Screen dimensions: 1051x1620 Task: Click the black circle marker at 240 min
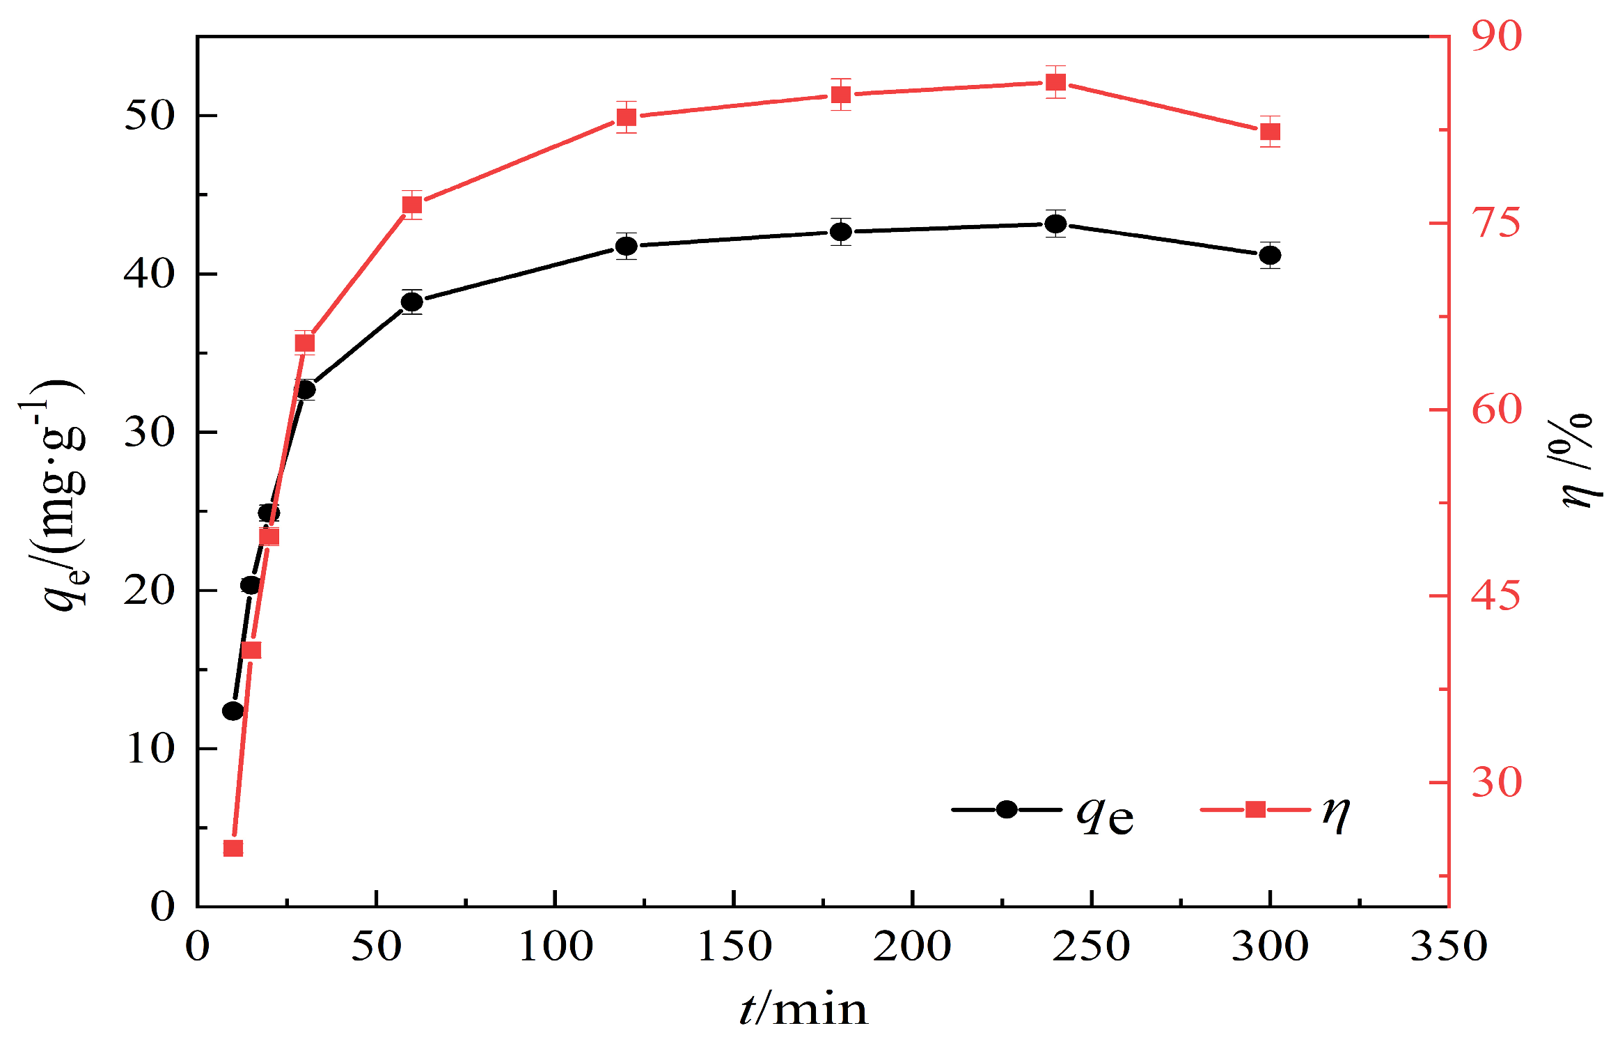click(x=1055, y=224)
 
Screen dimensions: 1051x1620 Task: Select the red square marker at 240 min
click(x=1055, y=83)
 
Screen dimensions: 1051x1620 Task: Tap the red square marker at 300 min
click(x=1270, y=132)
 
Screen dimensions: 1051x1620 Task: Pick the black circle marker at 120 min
click(x=627, y=246)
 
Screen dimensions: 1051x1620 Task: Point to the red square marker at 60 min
click(x=412, y=205)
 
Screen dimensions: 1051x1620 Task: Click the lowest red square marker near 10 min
click(x=233, y=848)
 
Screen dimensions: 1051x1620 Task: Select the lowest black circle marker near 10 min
click(x=233, y=711)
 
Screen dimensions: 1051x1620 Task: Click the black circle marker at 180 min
click(x=841, y=231)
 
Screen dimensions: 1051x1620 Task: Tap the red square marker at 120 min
click(x=627, y=117)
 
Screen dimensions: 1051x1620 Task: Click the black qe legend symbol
click(x=1007, y=809)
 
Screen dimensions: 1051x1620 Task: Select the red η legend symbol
click(x=1255, y=809)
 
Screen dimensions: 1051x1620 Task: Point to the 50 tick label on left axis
click(x=148, y=116)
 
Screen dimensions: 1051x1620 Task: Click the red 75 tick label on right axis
click(x=1496, y=224)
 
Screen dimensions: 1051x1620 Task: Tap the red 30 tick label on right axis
click(x=1496, y=783)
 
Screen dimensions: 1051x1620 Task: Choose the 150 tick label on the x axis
click(x=734, y=947)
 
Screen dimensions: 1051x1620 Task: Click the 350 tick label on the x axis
click(x=1448, y=947)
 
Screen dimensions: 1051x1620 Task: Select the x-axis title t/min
click(x=804, y=1010)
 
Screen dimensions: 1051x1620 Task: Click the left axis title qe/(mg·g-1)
click(x=59, y=495)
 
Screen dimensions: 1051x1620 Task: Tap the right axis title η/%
click(x=1577, y=460)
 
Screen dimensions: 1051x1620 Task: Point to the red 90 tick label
click(x=1496, y=36)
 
